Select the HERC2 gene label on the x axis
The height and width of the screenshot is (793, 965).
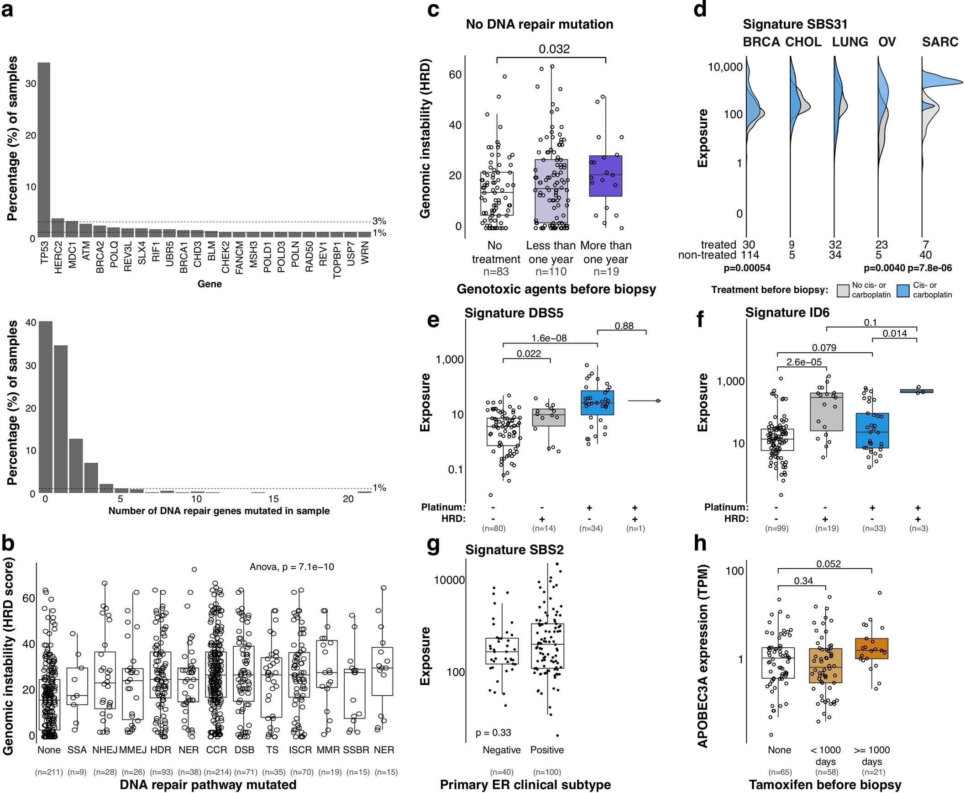pos(58,258)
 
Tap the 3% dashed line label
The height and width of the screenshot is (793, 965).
pos(379,221)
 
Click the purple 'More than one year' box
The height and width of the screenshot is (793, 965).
pos(605,176)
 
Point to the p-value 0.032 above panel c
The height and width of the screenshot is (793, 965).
pos(554,49)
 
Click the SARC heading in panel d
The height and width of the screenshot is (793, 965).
pos(939,42)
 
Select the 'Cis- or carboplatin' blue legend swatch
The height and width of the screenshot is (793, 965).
pos(902,290)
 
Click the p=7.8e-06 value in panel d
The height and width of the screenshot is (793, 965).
pos(929,268)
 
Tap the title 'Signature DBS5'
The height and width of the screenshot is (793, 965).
pos(514,313)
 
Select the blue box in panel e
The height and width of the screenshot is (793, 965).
pos(597,402)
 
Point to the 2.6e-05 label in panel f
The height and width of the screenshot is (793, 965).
pos(804,362)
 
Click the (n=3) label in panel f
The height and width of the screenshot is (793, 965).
pos(918,528)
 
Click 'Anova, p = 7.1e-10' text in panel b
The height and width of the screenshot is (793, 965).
pos(292,567)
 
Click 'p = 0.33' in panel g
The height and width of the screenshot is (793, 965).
pos(493,732)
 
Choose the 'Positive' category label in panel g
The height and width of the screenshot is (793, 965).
pos(547,750)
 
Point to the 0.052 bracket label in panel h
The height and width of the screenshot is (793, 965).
pos(828,564)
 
